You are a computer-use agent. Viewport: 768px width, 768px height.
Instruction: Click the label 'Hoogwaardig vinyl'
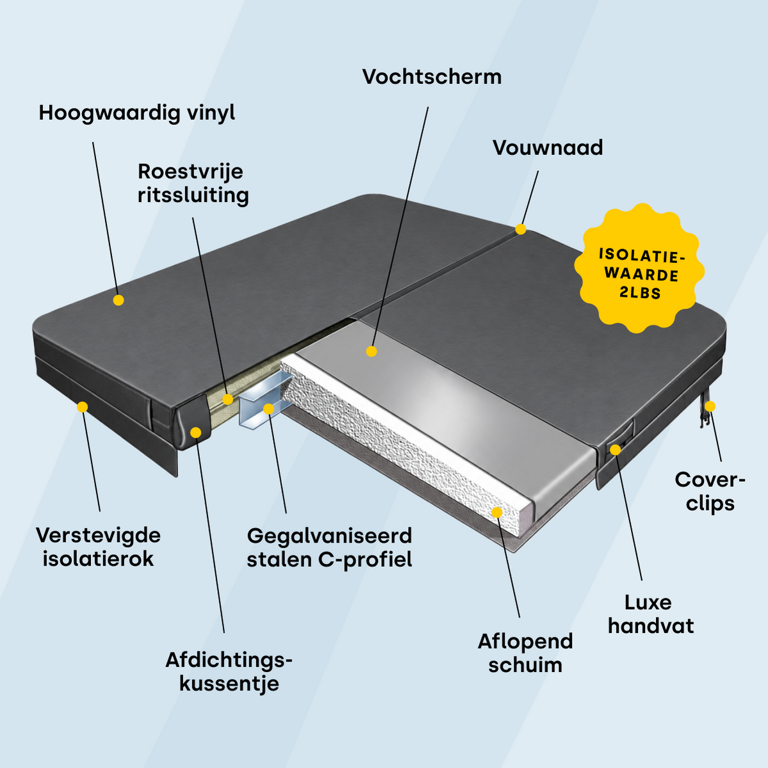pos(137,113)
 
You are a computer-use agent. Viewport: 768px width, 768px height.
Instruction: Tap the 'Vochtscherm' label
pos(432,77)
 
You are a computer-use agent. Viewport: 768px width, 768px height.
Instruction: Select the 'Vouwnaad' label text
pos(548,148)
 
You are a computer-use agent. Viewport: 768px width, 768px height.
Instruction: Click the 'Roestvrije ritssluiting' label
pos(193,184)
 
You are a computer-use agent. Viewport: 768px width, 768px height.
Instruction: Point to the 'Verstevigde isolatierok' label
pos(98,547)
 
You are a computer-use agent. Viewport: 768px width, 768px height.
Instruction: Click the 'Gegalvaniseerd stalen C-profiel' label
pos(329,548)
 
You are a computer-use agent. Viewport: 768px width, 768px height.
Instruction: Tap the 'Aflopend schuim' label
pos(525,653)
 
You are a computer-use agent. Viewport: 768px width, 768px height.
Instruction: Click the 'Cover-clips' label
pos(710,492)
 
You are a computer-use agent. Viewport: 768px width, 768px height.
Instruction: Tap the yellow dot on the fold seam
pos(521,229)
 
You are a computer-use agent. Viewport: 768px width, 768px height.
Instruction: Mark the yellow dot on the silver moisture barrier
pos(372,351)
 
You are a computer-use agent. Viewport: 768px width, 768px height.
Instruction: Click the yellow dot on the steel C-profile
pos(268,408)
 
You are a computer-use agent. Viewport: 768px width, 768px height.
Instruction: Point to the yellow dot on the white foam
pos(496,512)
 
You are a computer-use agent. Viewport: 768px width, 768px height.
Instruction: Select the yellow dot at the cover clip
pos(710,406)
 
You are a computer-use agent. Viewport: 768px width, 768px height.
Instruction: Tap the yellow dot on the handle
pos(616,449)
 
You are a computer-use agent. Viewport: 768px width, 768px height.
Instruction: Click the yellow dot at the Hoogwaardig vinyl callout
pos(118,300)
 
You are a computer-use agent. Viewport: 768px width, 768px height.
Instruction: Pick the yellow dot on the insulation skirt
pos(82,407)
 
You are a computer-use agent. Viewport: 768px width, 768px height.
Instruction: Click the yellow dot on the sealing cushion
pos(196,433)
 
